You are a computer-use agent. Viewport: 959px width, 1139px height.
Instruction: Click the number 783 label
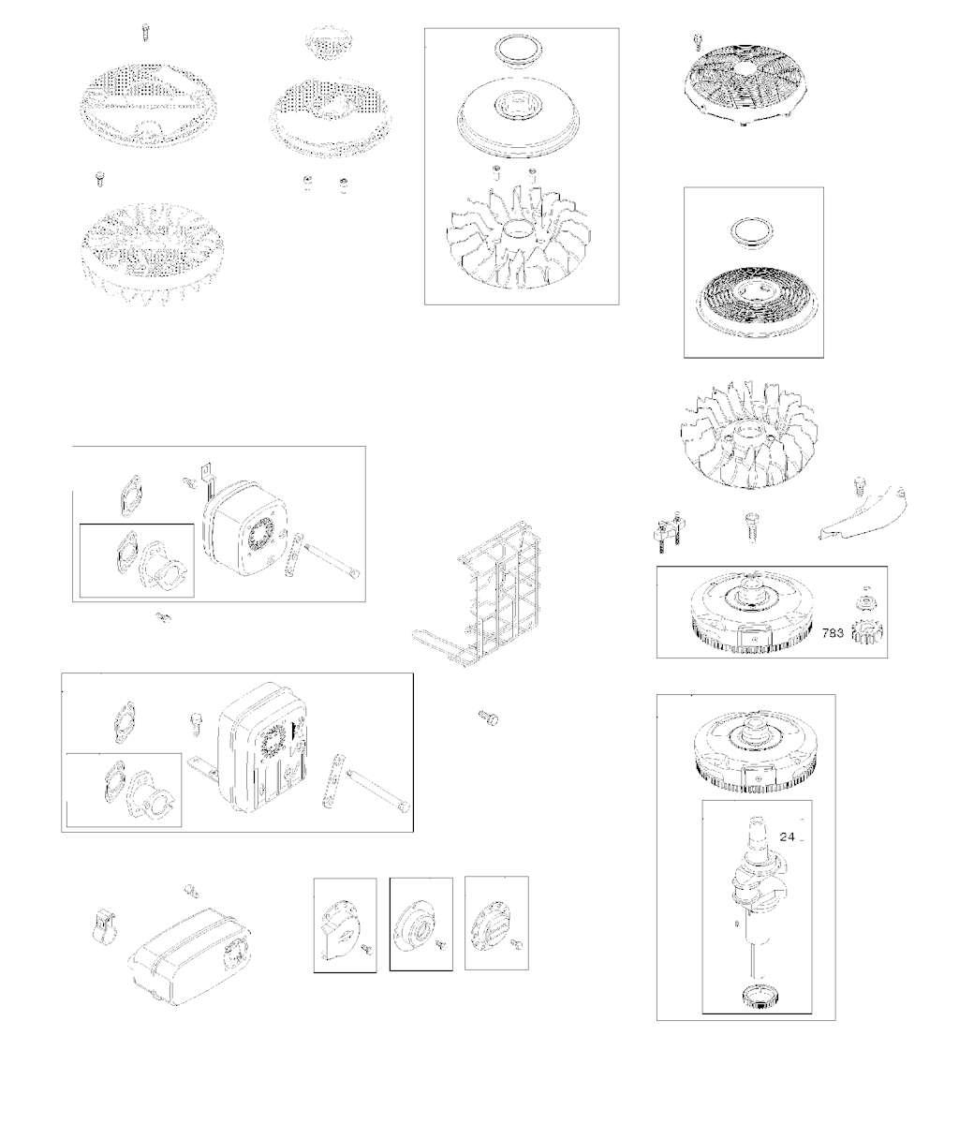(833, 633)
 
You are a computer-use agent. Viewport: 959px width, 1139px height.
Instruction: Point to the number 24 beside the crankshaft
(788, 836)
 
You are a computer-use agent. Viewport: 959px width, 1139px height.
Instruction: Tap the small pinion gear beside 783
(867, 633)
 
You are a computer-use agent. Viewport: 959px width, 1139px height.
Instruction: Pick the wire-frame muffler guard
(479, 595)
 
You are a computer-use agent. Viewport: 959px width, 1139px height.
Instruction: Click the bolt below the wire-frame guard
(488, 717)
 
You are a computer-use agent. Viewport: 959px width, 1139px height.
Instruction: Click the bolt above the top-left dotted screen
(145, 32)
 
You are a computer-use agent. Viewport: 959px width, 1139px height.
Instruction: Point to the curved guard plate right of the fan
(863, 513)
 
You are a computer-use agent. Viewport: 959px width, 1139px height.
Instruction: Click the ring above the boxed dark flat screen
(752, 233)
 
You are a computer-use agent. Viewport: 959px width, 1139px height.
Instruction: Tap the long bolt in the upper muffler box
(332, 562)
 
